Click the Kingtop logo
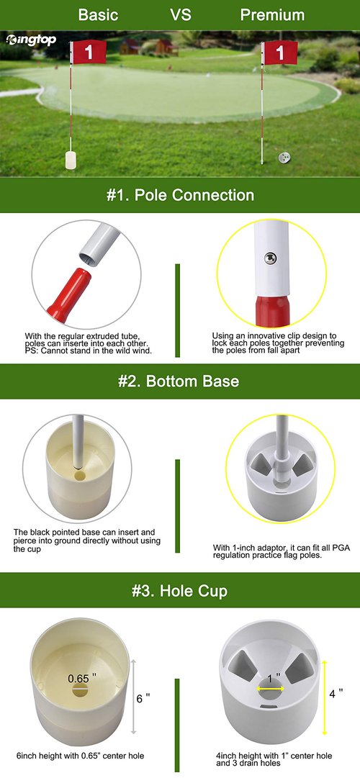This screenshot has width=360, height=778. coord(31,40)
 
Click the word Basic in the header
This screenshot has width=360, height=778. coord(99,15)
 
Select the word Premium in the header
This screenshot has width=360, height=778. coord(272,15)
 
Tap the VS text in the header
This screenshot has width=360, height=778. coord(180,15)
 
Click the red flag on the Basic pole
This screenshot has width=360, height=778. coord(89,52)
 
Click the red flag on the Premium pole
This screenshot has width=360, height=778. coord(281,53)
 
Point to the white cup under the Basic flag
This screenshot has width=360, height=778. coord(71,160)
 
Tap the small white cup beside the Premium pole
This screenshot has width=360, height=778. coord(284,158)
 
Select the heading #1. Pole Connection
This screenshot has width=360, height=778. coord(180,195)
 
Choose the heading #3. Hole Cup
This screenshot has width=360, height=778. coord(180,591)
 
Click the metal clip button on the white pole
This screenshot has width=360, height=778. coord(270,258)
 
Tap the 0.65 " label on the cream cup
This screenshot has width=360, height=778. coord(82,677)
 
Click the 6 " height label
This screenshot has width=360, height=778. coord(143,698)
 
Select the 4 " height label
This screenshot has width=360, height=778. coord(336,693)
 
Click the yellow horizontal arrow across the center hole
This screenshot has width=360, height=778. coord(271,689)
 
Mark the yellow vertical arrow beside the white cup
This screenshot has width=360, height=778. coord(324,697)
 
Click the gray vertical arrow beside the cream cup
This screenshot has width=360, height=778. coord(133,697)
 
